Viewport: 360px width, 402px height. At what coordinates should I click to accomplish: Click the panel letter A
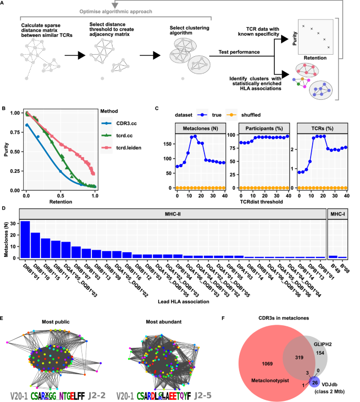coord(4,4)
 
